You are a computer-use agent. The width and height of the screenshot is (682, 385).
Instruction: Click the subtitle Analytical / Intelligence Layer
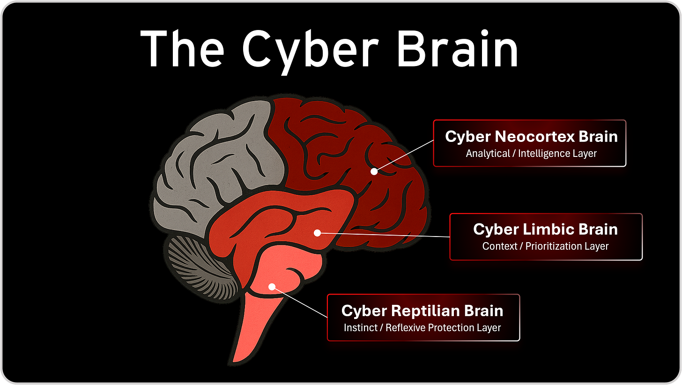pos(531,153)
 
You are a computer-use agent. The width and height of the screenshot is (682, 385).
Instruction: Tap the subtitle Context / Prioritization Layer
pos(545,246)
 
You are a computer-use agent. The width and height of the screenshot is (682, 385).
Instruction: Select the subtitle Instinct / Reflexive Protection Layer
pos(422,328)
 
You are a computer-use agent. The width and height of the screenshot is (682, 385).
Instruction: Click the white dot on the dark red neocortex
pos(374,171)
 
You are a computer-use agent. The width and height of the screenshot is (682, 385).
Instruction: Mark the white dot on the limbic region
pos(317,232)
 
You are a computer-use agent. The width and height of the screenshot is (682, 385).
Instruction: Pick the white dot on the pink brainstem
pos(271,286)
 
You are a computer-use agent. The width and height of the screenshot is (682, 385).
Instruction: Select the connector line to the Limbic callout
pos(384,235)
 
